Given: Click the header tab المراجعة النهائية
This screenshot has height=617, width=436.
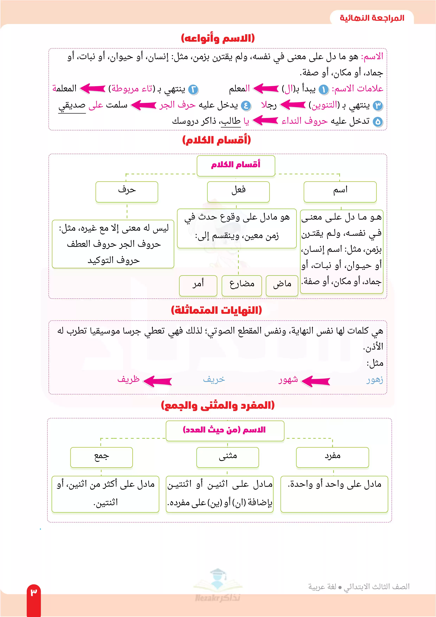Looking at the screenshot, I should [x=372, y=18].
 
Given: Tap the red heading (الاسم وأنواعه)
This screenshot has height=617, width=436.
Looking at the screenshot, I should [x=218, y=38].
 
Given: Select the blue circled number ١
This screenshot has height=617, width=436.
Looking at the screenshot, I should [x=324, y=90].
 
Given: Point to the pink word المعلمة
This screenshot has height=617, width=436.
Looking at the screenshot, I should [x=65, y=88].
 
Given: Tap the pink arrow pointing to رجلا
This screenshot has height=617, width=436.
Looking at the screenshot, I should [x=293, y=105].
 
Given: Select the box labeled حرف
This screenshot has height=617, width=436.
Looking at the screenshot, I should [x=127, y=192].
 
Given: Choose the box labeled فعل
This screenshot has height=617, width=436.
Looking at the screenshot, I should [x=238, y=192].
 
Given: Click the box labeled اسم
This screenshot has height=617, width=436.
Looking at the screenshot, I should [x=340, y=192].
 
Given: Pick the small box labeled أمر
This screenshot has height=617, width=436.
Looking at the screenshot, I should [x=198, y=285].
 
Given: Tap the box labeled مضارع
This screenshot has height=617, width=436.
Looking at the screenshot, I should [x=242, y=285].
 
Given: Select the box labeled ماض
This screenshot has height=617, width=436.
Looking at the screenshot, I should [x=282, y=285].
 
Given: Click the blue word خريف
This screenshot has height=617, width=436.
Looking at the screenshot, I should [x=214, y=379].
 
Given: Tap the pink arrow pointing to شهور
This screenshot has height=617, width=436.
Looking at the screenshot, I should [x=315, y=380].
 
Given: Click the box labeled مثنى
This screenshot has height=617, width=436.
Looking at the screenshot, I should [x=227, y=457].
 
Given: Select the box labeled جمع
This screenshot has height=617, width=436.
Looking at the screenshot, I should [x=102, y=457].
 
